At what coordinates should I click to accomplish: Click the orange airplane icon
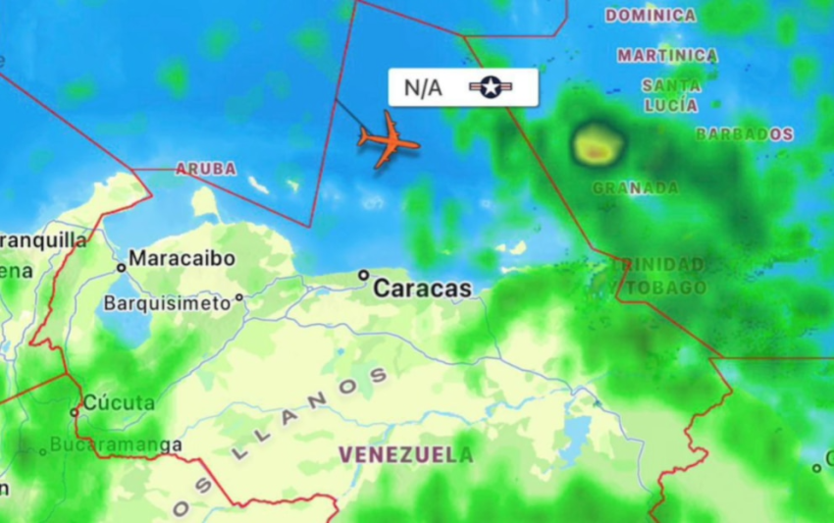coord(389,140)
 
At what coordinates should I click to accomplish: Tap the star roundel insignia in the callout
coord(491,87)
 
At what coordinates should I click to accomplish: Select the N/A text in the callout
coord(423,87)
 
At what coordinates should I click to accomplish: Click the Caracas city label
coord(422,288)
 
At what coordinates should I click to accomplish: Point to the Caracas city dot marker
coord(363,275)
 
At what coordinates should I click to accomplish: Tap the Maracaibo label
coord(182,258)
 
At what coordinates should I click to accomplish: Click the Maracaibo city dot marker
coord(121,266)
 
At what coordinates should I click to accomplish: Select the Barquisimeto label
coord(167,302)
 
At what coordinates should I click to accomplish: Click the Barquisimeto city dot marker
coord(238,296)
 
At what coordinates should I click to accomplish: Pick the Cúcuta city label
coord(119,402)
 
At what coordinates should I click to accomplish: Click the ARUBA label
coord(206,169)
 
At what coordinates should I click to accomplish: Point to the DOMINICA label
coord(650,16)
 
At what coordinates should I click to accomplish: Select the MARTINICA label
coord(667,56)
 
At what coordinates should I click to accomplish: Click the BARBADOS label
coord(744,133)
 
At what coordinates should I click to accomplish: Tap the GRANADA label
coord(635,187)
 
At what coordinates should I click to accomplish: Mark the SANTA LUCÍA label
coord(671,95)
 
